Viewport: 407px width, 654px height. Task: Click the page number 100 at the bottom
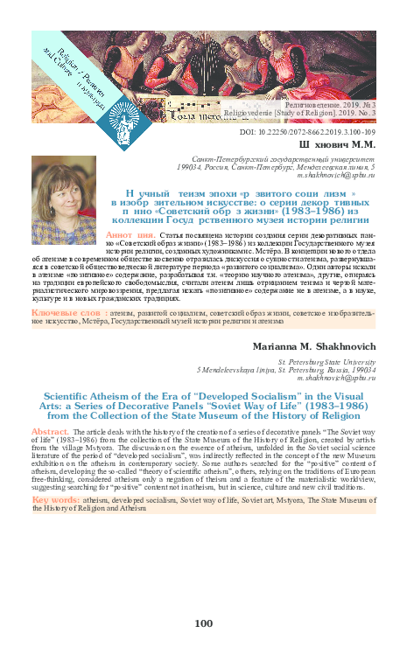point(203,623)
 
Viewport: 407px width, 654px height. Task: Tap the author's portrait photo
point(63,212)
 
